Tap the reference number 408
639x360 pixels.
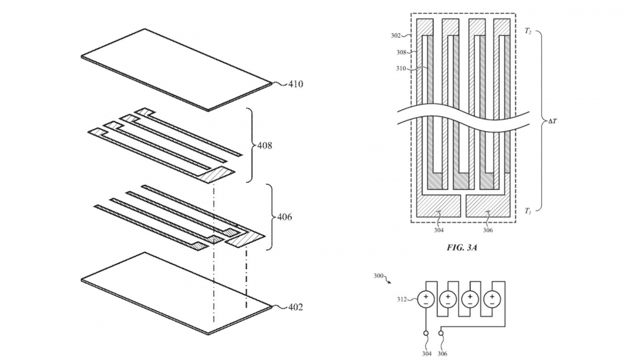click(x=264, y=146)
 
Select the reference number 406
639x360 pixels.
click(x=284, y=217)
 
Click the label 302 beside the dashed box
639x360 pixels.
click(x=396, y=35)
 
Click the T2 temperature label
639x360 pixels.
click(x=527, y=31)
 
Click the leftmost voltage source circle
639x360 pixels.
click(x=426, y=299)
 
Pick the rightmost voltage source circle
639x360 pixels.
click(x=491, y=299)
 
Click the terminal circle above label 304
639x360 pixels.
click(x=426, y=333)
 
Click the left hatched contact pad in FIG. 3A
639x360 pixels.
click(x=438, y=206)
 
